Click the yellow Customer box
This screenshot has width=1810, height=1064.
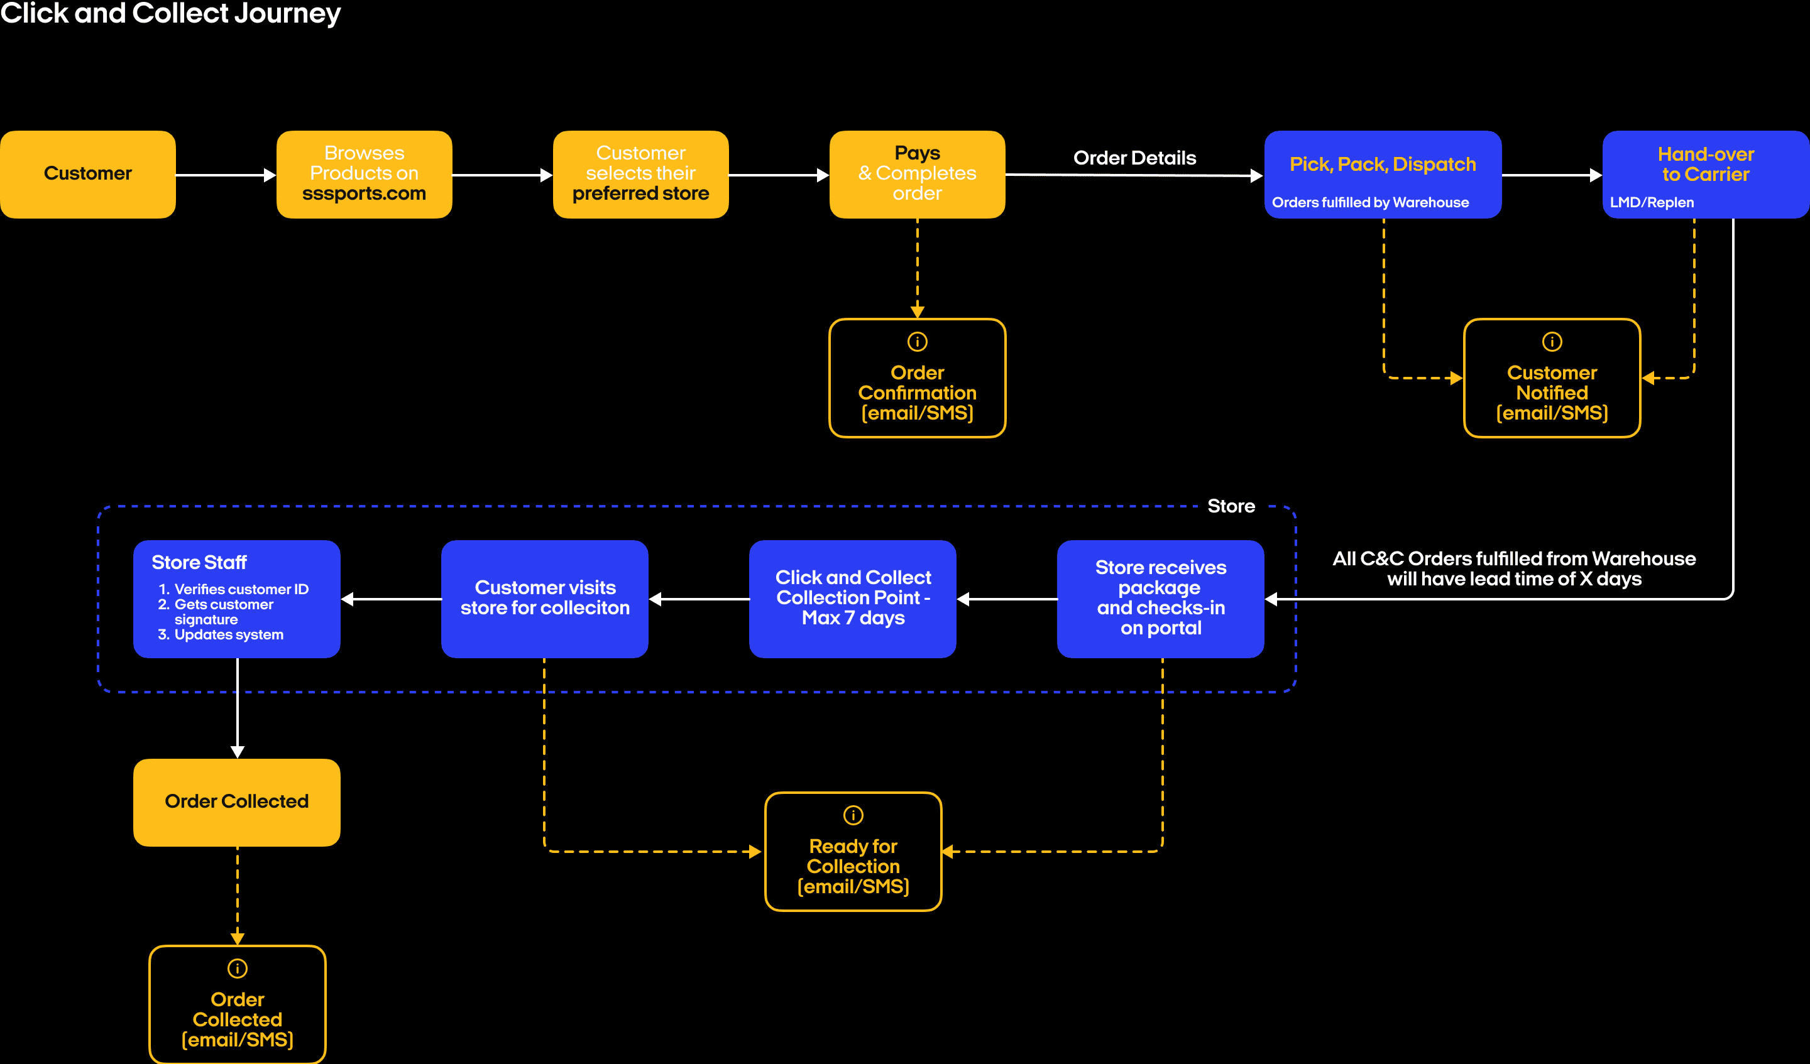(x=87, y=174)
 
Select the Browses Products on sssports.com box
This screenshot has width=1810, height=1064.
(x=364, y=174)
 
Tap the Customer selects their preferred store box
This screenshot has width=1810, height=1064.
(x=640, y=174)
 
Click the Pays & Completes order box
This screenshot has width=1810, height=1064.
(x=917, y=174)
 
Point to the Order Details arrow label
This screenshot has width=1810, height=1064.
(x=1134, y=158)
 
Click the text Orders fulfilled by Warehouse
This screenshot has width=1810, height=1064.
(x=1369, y=202)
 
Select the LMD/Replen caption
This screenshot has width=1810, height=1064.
(x=1651, y=202)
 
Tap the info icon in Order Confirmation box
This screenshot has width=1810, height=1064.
(x=917, y=342)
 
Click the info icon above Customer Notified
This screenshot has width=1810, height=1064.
(x=1552, y=342)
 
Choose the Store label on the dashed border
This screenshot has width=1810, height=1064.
(x=1231, y=506)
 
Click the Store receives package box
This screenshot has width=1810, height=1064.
(x=1160, y=598)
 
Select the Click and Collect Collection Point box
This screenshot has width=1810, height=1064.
(x=853, y=598)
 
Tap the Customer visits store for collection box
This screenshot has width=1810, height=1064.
(x=544, y=598)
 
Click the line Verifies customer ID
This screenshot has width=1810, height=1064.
(x=241, y=589)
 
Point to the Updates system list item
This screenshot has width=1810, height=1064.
(x=228, y=634)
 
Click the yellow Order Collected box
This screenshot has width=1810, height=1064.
(x=236, y=802)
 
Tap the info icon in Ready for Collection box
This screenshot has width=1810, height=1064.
(x=853, y=815)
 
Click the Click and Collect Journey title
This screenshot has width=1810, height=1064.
(x=170, y=13)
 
